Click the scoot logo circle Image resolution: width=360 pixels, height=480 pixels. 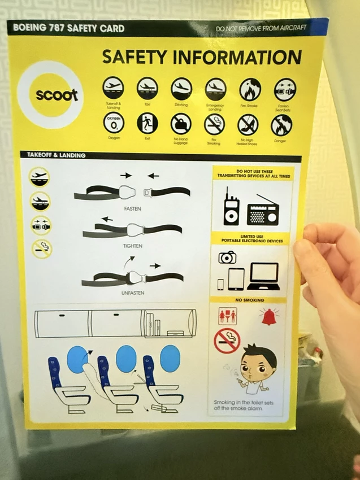click(57, 94)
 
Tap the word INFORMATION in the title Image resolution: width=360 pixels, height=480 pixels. click(237, 58)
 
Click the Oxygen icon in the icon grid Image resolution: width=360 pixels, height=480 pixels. click(113, 123)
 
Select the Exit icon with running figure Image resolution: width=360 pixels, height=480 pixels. click(147, 123)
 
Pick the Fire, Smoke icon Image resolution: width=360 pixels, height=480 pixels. click(250, 89)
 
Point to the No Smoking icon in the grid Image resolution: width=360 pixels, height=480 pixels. click(215, 124)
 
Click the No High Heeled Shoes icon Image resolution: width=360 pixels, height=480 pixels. click(248, 124)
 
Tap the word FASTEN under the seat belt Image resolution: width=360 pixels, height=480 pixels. click(132, 208)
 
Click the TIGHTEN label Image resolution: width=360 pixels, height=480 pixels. click(133, 246)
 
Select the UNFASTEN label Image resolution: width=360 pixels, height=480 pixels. click(133, 293)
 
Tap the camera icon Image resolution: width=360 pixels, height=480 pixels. click(228, 257)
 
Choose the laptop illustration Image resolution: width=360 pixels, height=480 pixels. click(263, 276)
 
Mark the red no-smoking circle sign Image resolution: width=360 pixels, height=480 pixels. click(227, 340)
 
